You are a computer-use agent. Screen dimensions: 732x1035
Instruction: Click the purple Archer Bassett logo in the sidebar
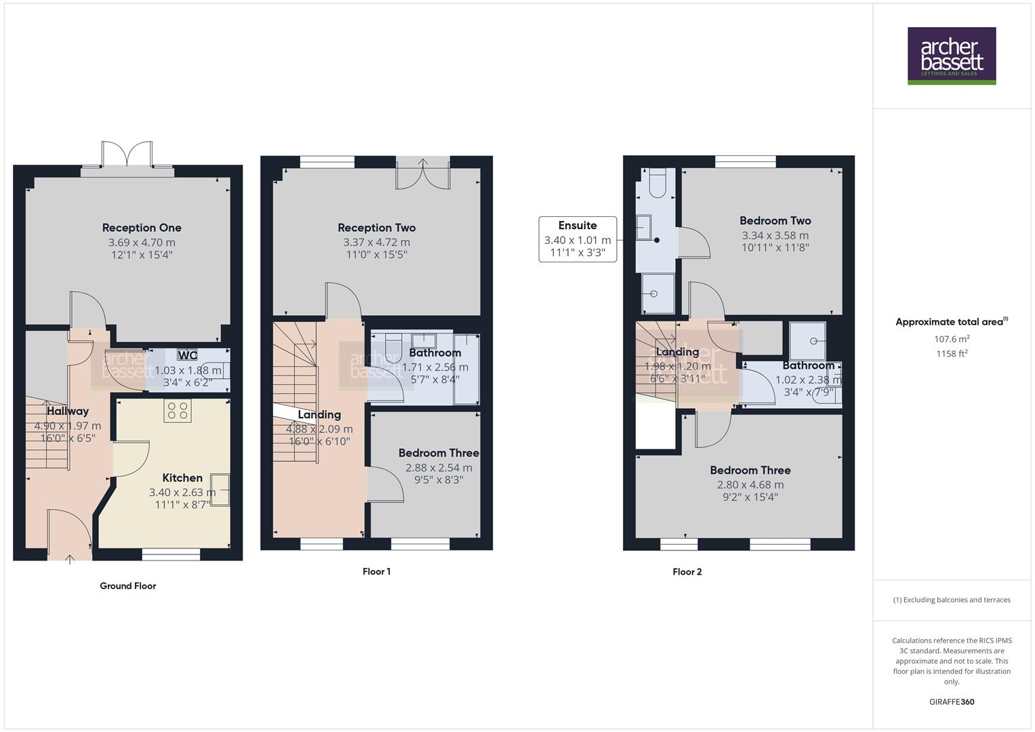[951, 56]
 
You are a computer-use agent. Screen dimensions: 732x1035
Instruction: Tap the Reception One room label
[142, 228]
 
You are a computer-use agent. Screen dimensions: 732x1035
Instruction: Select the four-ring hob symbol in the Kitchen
[178, 411]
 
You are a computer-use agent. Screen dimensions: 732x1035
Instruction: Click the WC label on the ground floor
[187, 355]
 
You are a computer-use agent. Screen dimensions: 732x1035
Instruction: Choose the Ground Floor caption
[127, 586]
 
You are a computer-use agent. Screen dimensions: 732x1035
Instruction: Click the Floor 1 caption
[376, 571]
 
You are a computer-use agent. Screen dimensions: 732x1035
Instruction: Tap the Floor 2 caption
[687, 571]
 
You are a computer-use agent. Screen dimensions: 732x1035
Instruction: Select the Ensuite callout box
[577, 239]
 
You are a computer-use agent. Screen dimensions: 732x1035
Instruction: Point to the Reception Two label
[376, 228]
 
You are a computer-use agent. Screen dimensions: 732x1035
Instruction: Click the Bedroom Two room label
[775, 220]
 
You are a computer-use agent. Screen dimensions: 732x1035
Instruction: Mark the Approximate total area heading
[951, 322]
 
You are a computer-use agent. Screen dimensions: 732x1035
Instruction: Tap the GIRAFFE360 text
[951, 701]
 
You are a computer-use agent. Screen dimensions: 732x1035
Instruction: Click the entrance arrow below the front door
[70, 559]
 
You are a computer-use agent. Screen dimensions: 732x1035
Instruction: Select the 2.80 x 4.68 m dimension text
[750, 485]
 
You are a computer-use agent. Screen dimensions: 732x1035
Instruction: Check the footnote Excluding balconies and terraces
[951, 600]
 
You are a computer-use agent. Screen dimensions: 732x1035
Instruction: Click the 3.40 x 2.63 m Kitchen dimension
[182, 493]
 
